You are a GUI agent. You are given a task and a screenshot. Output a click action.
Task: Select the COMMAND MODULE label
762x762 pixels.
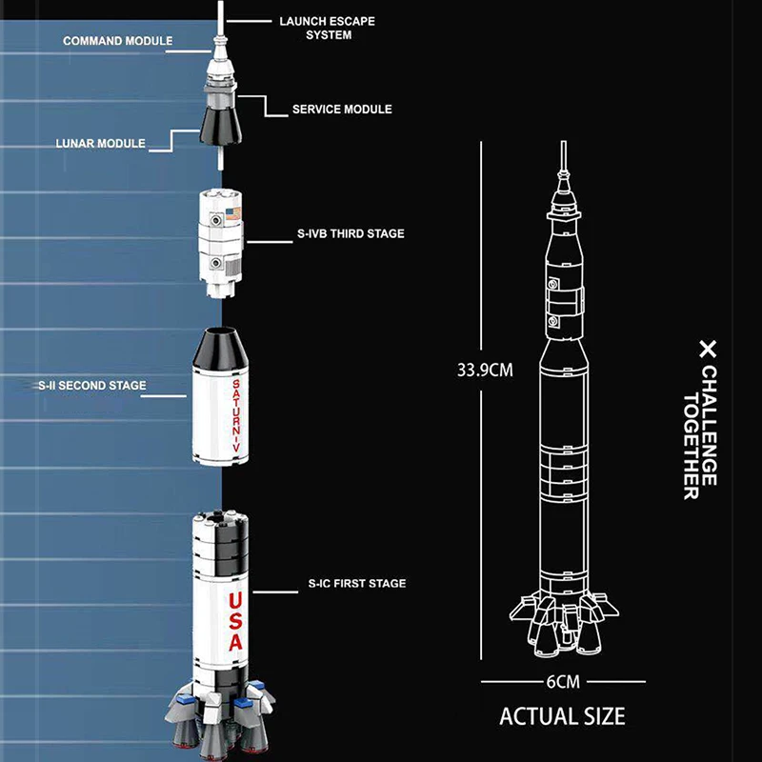click(x=118, y=42)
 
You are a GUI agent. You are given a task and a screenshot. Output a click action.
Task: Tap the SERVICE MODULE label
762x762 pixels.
click(x=342, y=110)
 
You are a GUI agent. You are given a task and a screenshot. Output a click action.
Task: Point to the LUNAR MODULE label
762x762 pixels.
click(x=100, y=144)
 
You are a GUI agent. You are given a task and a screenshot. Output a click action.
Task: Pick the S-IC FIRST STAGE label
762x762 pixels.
click(x=357, y=583)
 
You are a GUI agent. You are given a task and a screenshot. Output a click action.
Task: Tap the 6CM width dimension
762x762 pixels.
click(x=563, y=681)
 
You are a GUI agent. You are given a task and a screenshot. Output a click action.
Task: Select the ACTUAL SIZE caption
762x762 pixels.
click(x=562, y=714)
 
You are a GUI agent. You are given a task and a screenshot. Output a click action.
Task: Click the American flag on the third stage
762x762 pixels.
click(x=235, y=211)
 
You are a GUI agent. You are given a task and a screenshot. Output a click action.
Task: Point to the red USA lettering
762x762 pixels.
click(x=235, y=622)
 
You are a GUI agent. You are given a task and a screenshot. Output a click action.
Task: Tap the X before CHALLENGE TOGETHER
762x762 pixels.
click(x=706, y=349)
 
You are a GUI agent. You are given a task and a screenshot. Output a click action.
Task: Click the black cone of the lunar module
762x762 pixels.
click(x=218, y=123)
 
